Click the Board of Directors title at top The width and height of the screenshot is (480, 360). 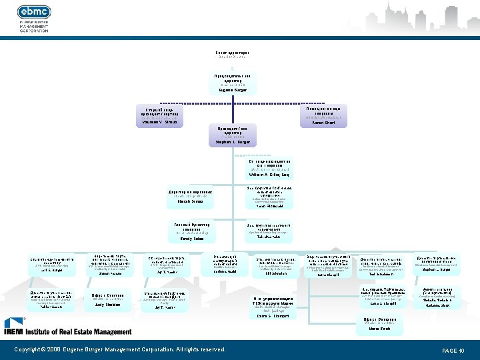(233, 53)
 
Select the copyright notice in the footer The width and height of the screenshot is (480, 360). (120, 349)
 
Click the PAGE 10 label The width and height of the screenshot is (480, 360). (453, 350)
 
